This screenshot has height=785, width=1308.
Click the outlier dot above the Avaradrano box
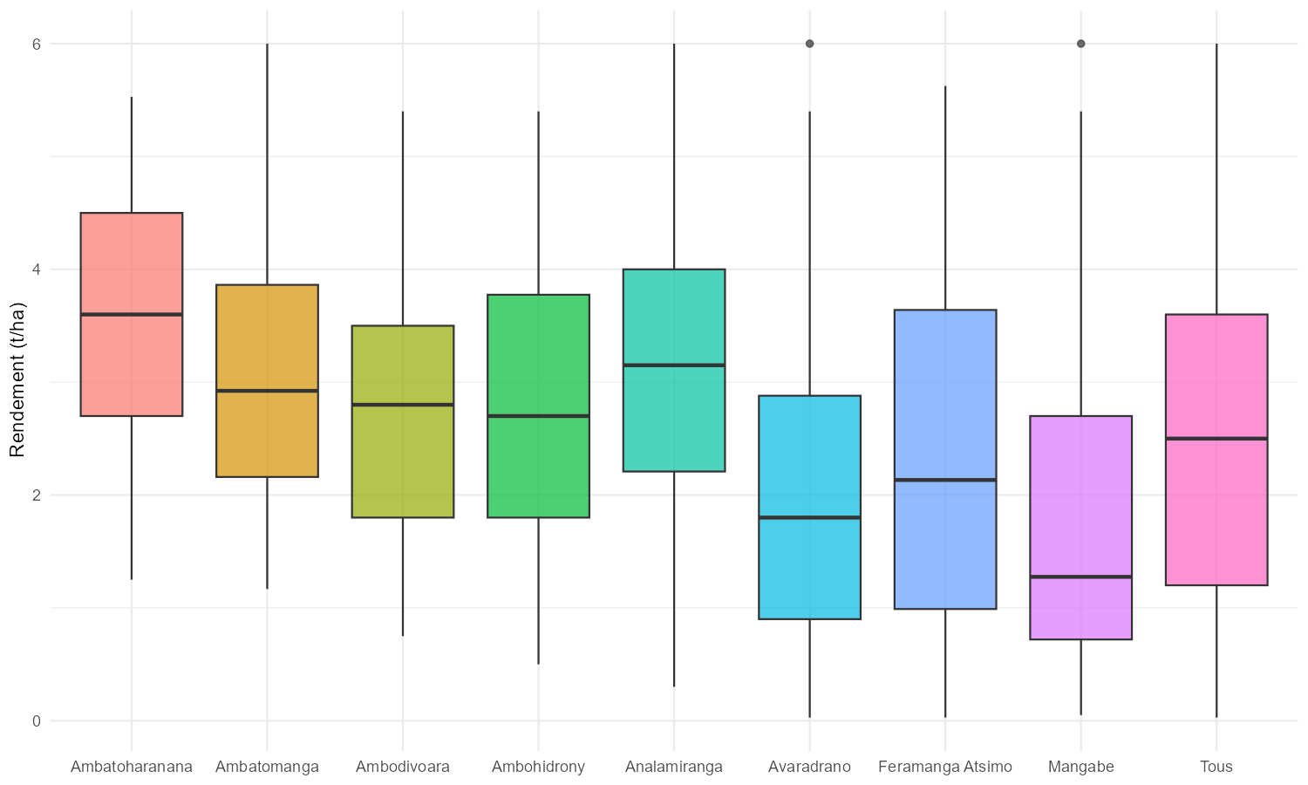pyautogui.click(x=809, y=44)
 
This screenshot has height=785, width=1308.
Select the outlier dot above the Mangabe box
pyautogui.click(x=1080, y=44)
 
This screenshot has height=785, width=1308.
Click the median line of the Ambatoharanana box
pyautogui.click(x=132, y=314)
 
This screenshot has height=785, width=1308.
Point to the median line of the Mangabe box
pyautogui.click(x=1080, y=577)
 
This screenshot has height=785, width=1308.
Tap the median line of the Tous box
pyautogui.click(x=1216, y=439)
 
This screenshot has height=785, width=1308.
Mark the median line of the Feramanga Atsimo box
pyautogui.click(x=945, y=480)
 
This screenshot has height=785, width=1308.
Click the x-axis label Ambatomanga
pyautogui.click(x=267, y=768)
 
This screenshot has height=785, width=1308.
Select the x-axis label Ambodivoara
pyautogui.click(x=403, y=768)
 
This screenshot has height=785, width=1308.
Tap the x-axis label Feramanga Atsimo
pyautogui.click(x=945, y=768)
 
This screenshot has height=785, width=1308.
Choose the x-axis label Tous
pyautogui.click(x=1216, y=768)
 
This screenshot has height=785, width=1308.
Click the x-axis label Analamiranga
pyautogui.click(x=674, y=768)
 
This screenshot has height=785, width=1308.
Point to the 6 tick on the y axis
pyautogui.click(x=37, y=44)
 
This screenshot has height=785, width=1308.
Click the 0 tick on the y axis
pyautogui.click(x=37, y=720)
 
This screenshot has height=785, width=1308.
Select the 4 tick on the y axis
pyautogui.click(x=37, y=270)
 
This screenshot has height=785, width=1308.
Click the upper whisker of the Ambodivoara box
pyautogui.click(x=403, y=218)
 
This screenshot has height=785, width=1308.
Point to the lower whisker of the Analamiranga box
pyautogui.click(x=674, y=579)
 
